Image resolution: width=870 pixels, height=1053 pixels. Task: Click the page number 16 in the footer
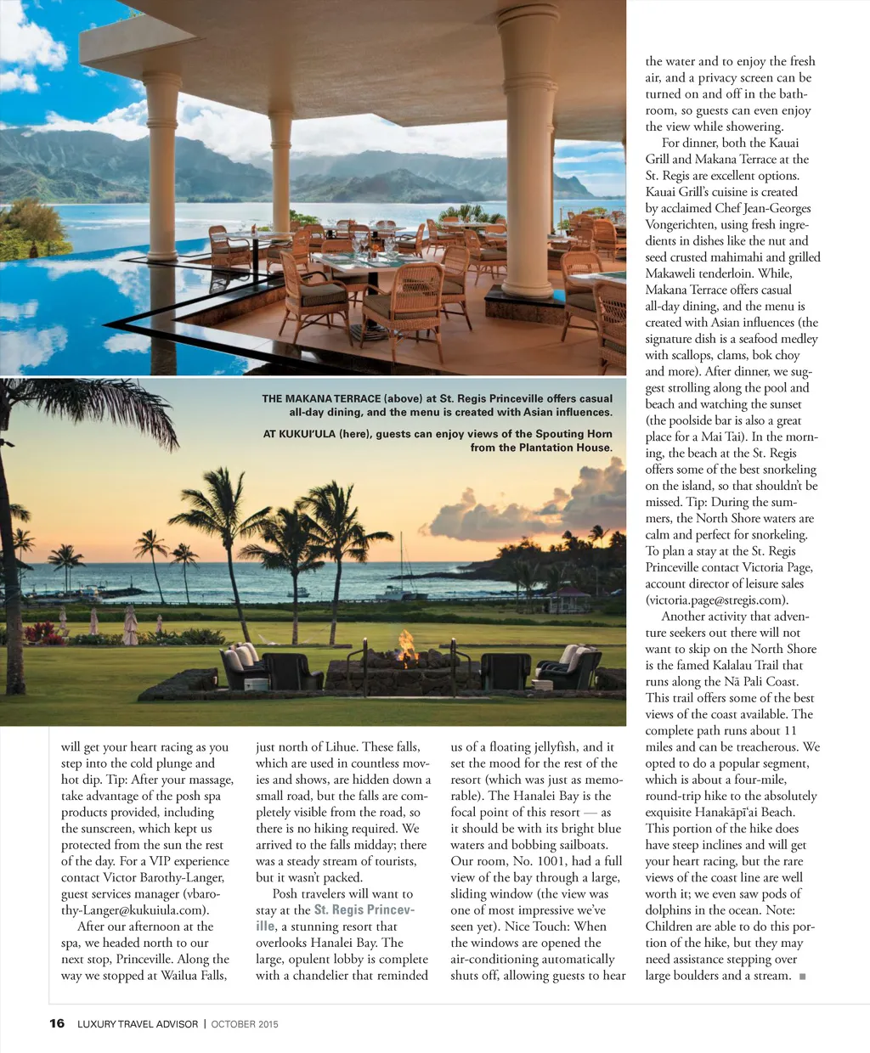click(57, 1023)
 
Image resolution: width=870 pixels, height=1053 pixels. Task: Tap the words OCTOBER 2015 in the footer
click(245, 1024)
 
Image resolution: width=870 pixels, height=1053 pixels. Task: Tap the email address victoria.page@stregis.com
click(715, 600)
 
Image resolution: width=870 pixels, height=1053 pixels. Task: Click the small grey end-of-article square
click(803, 977)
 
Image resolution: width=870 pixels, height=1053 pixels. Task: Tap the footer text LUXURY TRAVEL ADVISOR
click(138, 1024)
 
